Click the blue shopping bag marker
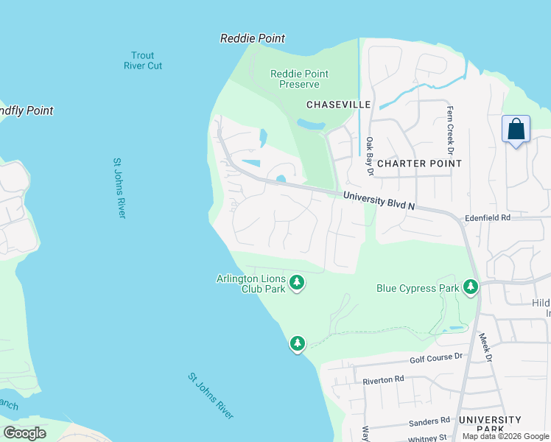[516, 130]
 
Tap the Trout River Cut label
[142, 60]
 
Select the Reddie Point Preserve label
[299, 79]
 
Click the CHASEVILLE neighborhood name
[338, 105]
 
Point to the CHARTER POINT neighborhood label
[419, 164]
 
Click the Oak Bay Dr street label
[370, 155]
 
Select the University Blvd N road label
[379, 201]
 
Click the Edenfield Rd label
[487, 218]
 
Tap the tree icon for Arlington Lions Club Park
[297, 282]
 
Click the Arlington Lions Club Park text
[250, 284]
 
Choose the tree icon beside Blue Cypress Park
[471, 287]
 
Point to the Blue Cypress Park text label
[417, 288]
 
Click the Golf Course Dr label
[435, 357]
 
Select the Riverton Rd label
[384, 379]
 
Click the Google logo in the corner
[25, 432]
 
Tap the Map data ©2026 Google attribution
[505, 436]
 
